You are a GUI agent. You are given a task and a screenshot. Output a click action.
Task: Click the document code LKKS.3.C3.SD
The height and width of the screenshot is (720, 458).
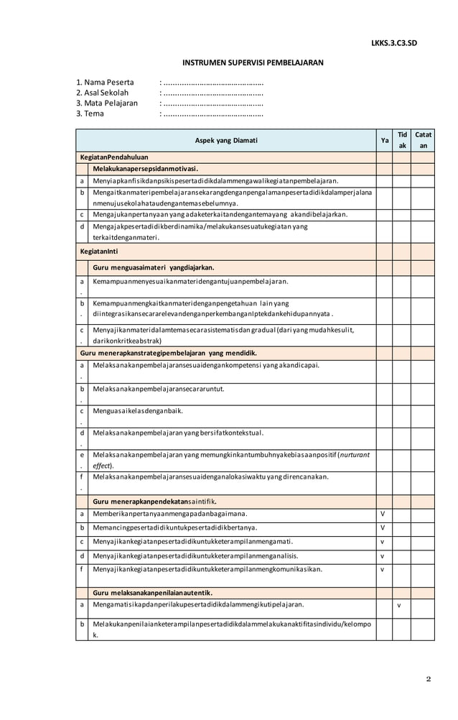[x=393, y=43]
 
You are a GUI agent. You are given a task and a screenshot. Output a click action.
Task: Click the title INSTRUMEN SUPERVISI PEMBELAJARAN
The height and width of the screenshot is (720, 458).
[x=252, y=63]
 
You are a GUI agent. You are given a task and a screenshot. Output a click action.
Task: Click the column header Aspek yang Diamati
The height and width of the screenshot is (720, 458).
[x=226, y=141]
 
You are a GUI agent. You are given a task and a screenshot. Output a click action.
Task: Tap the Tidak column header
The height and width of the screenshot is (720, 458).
[x=402, y=140]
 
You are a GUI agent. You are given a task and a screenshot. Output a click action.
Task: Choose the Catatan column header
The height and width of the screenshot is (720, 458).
[x=423, y=140]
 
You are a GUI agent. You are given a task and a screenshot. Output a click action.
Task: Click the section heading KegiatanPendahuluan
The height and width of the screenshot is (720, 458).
[x=115, y=157]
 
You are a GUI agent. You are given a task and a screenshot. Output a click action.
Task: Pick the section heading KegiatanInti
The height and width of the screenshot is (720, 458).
[x=101, y=252]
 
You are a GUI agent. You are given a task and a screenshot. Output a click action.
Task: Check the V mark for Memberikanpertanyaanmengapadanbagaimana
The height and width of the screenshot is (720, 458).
[x=384, y=514]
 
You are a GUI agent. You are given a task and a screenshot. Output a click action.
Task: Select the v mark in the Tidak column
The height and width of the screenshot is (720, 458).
[x=400, y=605]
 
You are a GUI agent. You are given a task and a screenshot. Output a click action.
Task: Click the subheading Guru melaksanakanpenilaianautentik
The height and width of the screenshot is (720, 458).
[x=152, y=593]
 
